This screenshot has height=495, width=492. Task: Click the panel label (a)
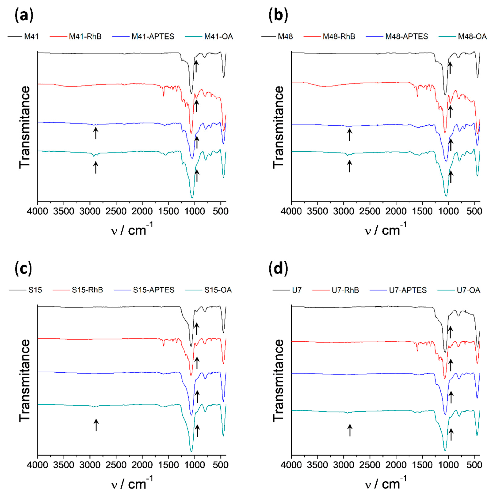tap(24, 16)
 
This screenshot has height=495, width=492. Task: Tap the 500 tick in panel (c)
tap(221, 465)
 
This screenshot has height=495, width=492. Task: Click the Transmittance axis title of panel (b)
tap(278, 127)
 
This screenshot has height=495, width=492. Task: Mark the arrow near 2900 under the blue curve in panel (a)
tap(95, 133)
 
